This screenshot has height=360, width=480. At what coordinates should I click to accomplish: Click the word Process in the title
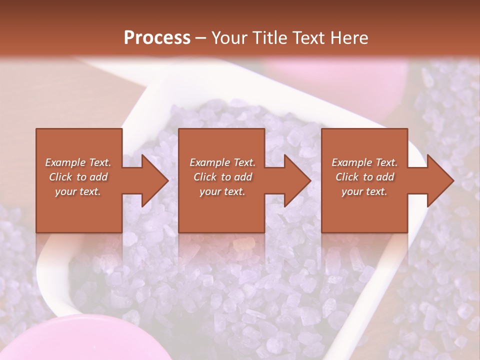(157, 38)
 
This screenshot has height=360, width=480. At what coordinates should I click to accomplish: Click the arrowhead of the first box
(152, 180)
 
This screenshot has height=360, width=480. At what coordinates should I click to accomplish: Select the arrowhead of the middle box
(295, 180)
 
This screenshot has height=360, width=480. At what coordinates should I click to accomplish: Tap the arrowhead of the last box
(438, 180)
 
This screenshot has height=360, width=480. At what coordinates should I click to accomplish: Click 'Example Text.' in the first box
(78, 162)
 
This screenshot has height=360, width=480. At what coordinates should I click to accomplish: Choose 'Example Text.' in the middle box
(222, 162)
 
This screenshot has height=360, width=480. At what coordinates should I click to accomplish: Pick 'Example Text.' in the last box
(364, 162)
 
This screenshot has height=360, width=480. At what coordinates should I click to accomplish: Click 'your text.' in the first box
(78, 191)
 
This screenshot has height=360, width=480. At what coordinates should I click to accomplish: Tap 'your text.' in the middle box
(222, 191)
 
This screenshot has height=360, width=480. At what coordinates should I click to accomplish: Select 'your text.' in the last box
(364, 191)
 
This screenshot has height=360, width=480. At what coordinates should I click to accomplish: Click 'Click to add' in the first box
(78, 177)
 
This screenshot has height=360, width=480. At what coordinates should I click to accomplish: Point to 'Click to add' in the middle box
(222, 177)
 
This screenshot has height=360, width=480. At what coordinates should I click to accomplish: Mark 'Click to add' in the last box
(364, 177)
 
